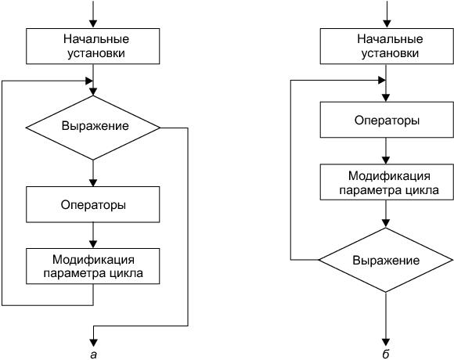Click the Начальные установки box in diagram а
click(x=92, y=46)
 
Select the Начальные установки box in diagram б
click(x=387, y=46)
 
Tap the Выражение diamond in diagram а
click(x=92, y=128)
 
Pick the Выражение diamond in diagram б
click(x=386, y=260)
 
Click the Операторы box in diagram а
click(x=92, y=204)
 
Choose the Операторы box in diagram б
click(x=387, y=120)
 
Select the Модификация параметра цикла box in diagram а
click(x=92, y=266)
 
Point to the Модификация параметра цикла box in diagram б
click(x=387, y=182)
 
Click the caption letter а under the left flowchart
click(x=93, y=355)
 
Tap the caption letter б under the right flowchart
click(x=386, y=354)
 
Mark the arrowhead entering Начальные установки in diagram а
click(x=93, y=24)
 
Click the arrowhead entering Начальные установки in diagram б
click(x=387, y=24)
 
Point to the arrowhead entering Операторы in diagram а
click(x=93, y=182)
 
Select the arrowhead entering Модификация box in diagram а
click(x=93, y=244)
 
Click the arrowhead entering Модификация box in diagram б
click(x=386, y=160)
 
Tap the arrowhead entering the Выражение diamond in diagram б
click(x=386, y=223)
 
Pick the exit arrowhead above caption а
click(x=93, y=343)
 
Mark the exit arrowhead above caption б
click(x=386, y=342)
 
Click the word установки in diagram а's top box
click(x=95, y=53)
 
